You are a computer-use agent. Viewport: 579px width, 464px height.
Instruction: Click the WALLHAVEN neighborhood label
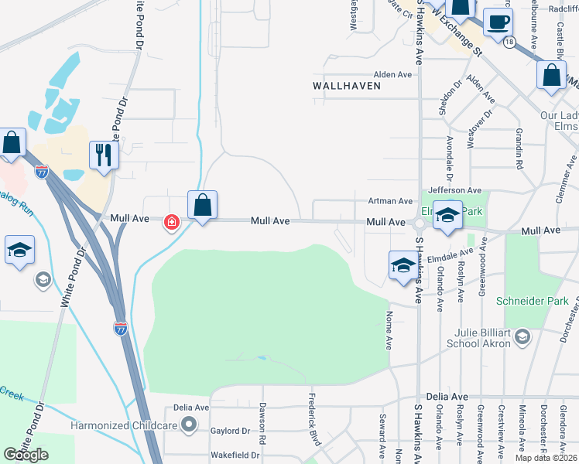(x=347, y=86)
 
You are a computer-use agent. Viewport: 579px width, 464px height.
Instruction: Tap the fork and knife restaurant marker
(x=103, y=155)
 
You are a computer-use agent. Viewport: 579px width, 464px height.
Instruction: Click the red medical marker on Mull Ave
(x=170, y=223)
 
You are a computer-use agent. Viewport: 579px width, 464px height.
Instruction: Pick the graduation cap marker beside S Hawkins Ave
(x=402, y=266)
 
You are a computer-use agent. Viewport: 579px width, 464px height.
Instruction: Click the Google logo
(x=26, y=455)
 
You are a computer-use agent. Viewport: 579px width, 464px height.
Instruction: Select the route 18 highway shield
(x=508, y=43)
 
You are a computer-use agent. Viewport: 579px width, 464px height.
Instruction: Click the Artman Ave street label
(x=390, y=201)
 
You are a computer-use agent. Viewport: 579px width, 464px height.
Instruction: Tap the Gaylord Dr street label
(x=231, y=431)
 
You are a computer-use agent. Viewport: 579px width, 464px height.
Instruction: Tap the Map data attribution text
(x=546, y=458)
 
